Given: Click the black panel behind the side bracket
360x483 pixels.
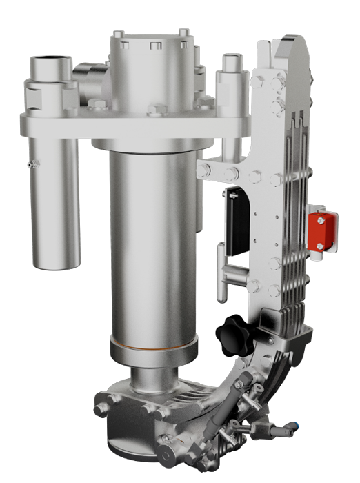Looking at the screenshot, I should click(230, 221).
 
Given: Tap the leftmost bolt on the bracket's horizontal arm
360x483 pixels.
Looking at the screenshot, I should click(203, 168).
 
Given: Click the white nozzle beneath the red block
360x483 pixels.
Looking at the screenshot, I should click(318, 255).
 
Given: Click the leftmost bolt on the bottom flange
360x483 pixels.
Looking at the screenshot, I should click(101, 409).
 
